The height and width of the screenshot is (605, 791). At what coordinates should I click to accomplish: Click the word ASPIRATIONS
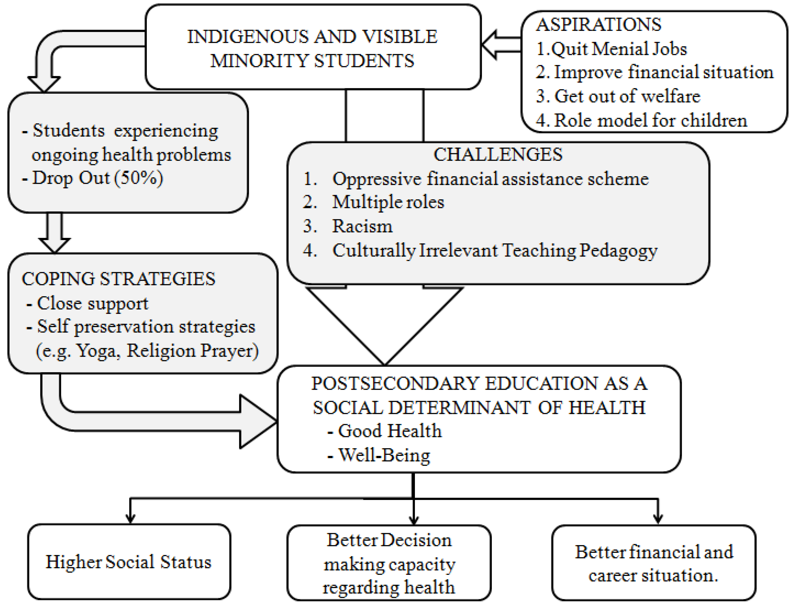(x=598, y=24)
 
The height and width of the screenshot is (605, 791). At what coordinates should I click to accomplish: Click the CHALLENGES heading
(x=498, y=155)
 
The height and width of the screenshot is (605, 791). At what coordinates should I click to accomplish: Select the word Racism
(x=362, y=226)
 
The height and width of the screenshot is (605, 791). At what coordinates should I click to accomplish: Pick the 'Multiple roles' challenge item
(x=388, y=202)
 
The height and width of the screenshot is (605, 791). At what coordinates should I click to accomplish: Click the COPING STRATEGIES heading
(x=118, y=279)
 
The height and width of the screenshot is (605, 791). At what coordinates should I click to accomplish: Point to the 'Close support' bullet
(x=92, y=303)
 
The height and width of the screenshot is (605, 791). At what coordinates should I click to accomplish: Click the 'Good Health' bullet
(x=389, y=431)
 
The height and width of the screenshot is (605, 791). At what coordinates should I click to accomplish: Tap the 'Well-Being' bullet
(x=384, y=455)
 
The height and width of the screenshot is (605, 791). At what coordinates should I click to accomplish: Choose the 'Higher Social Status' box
(x=129, y=562)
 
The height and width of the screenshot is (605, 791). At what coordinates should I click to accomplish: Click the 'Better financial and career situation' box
(x=653, y=563)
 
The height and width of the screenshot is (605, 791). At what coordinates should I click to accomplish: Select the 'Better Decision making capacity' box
(x=389, y=563)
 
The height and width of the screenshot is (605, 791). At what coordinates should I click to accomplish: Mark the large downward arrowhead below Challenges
(x=384, y=324)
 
